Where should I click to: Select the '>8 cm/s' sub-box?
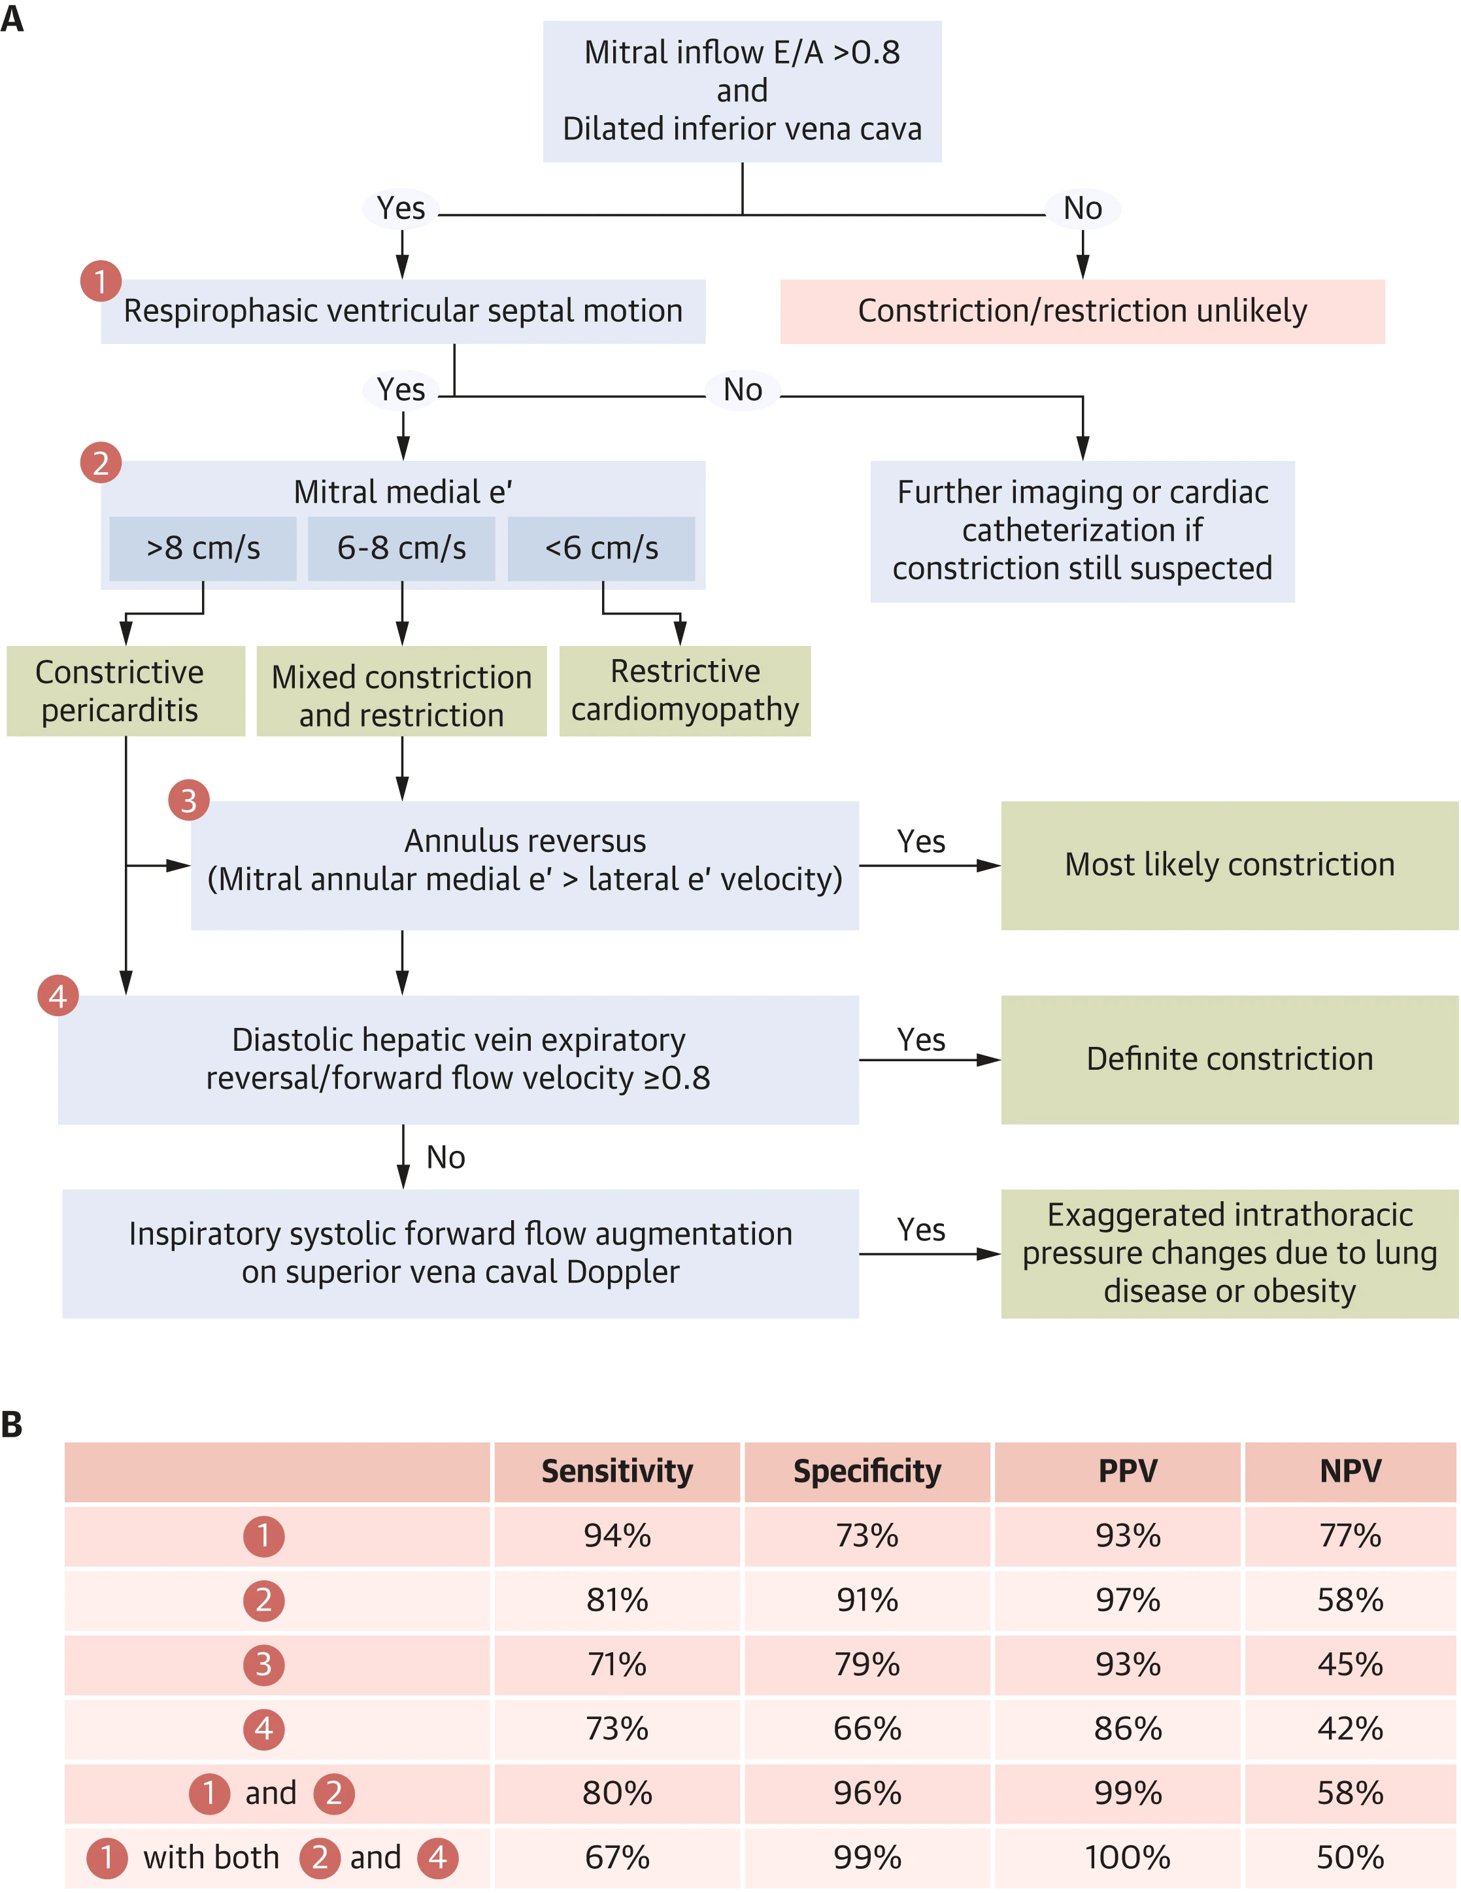pyautogui.click(x=203, y=549)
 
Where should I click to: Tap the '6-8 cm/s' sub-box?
pyautogui.click(x=401, y=549)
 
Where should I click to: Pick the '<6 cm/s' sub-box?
pyautogui.click(x=601, y=549)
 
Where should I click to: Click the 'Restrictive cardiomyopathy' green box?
pyautogui.click(x=684, y=691)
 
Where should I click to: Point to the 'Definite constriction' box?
pyautogui.click(x=1230, y=1059)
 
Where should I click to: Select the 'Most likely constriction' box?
pyautogui.click(x=1230, y=865)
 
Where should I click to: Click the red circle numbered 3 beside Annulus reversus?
pyautogui.click(x=189, y=800)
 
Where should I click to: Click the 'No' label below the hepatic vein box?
pyautogui.click(x=445, y=1158)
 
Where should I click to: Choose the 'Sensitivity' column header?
pyautogui.click(x=617, y=1471)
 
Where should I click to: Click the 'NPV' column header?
pyautogui.click(x=1350, y=1471)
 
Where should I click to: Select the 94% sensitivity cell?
pyautogui.click(x=617, y=1536)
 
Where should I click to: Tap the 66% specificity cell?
pyautogui.click(x=867, y=1729)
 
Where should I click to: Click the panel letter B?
pyautogui.click(x=12, y=1424)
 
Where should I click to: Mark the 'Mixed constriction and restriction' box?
pyautogui.click(x=401, y=691)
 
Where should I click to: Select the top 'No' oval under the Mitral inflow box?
pyautogui.click(x=1083, y=209)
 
